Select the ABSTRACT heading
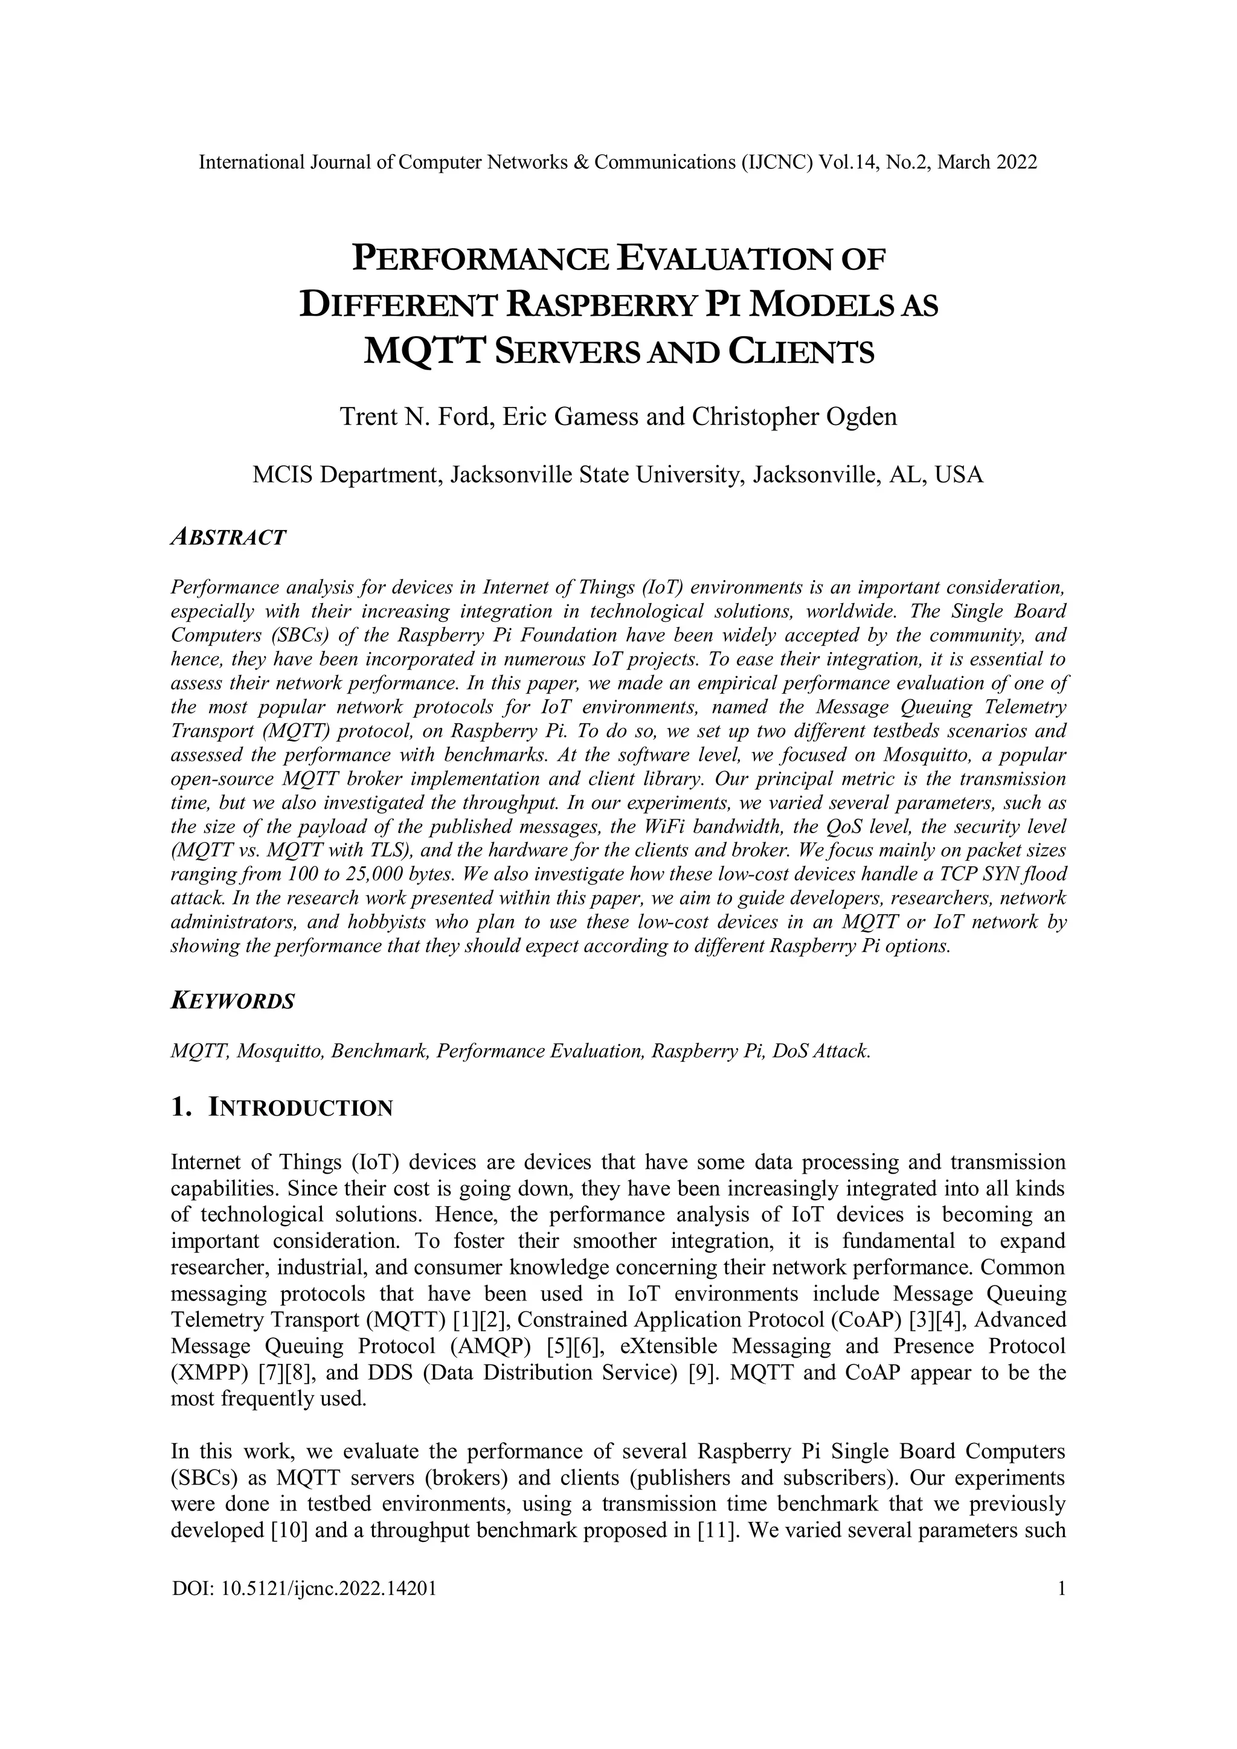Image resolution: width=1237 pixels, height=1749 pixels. (x=229, y=537)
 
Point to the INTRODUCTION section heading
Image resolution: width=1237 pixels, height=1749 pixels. (x=300, y=1108)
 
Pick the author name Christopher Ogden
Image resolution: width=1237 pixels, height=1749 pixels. (x=794, y=417)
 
